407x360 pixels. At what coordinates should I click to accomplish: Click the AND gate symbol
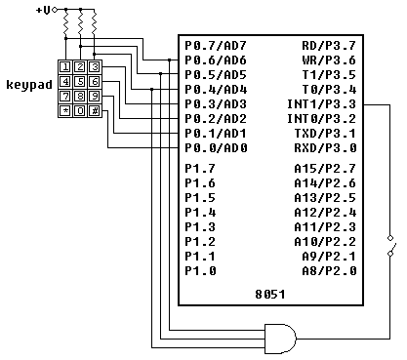coord(280,339)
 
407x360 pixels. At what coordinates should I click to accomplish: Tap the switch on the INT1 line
coord(391,246)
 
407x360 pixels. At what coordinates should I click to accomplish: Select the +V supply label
coord(44,11)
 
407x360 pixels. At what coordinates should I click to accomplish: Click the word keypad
coord(29,85)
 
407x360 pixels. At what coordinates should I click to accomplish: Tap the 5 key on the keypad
coord(80,81)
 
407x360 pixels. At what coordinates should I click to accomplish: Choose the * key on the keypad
coord(65,111)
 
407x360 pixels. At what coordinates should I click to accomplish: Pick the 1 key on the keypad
coord(65,67)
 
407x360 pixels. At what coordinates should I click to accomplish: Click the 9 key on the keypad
coord(95,97)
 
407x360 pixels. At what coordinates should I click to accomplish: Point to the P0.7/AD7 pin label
coord(216,46)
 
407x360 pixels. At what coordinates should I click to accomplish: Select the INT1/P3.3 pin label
coord(321,104)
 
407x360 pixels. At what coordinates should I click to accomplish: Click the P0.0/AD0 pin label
coord(216,148)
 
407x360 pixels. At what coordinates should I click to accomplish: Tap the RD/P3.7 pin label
coord(329,46)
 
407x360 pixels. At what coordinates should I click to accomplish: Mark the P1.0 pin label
coord(200,270)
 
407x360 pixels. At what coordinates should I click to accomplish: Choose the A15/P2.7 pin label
coord(325,169)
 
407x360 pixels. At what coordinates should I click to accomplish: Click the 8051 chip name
coord(270,295)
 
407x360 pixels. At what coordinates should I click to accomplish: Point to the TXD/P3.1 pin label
coord(325,134)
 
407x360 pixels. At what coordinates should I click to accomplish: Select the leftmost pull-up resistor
coord(66,23)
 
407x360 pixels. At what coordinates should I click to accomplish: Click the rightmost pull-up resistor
coord(95,23)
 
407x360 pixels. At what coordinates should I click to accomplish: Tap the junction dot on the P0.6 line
coord(170,60)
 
